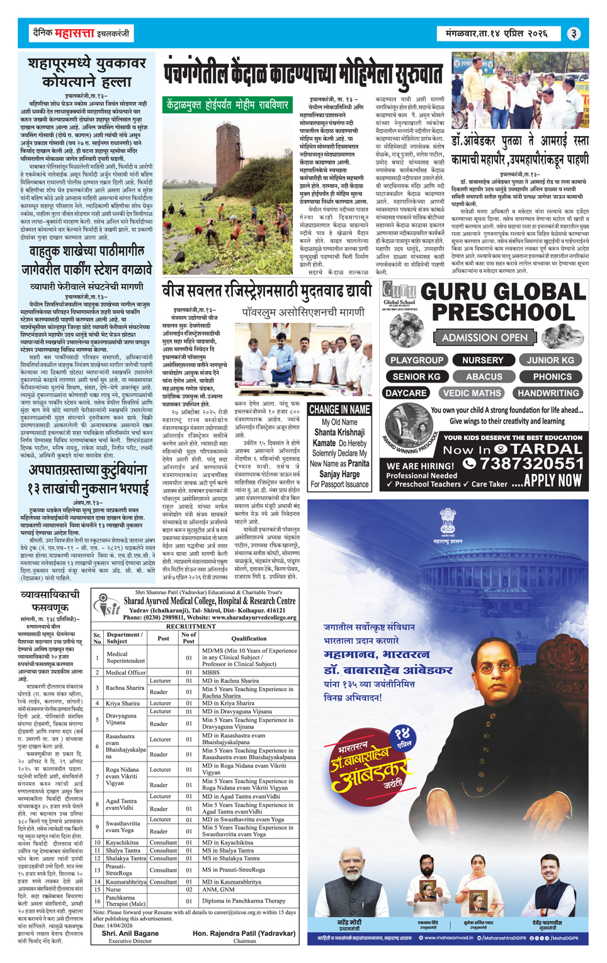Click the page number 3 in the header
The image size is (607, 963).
click(x=574, y=33)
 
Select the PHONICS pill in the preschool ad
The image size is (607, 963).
click(x=552, y=376)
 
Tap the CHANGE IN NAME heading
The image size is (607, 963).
click(x=339, y=409)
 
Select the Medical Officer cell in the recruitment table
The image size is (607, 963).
click(x=126, y=672)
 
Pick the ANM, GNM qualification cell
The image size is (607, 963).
click(x=218, y=889)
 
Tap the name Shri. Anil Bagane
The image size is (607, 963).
click(x=130, y=933)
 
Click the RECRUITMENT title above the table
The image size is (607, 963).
click(x=195, y=626)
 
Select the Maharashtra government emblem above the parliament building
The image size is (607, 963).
click(x=448, y=521)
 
